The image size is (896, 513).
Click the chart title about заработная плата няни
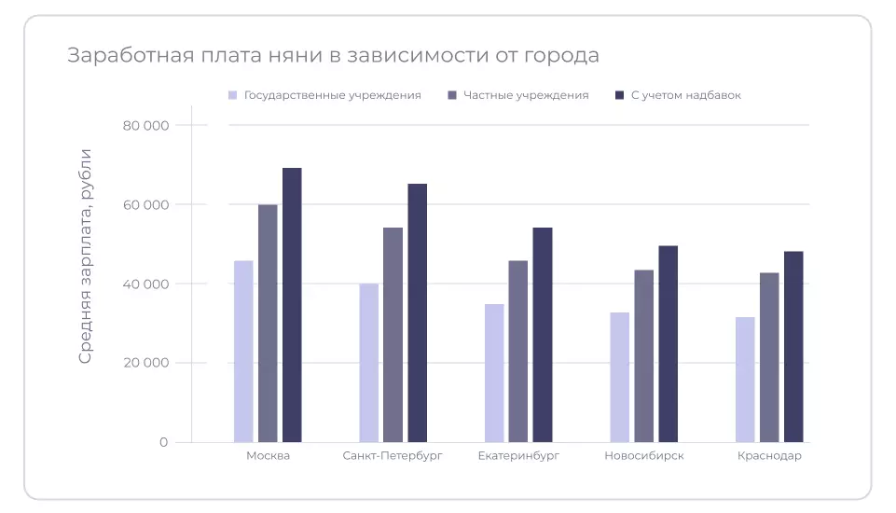tap(333, 55)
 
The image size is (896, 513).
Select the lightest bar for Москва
tap(243, 352)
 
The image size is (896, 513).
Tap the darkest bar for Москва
tap(292, 305)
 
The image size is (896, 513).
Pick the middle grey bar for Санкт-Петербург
tap(393, 335)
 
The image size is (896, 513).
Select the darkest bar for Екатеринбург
tap(543, 335)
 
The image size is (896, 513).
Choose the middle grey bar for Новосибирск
tap(643, 356)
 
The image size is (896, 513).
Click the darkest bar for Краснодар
tap(793, 347)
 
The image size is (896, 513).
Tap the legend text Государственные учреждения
tap(332, 95)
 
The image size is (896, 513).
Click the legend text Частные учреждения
tap(526, 95)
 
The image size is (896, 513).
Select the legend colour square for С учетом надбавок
tap(620, 95)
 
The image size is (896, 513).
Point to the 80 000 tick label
tap(145, 125)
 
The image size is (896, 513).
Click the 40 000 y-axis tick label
tap(145, 284)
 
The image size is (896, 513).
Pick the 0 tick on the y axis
tap(163, 442)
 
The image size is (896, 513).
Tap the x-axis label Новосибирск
tap(644, 456)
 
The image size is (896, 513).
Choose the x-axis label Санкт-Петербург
tap(393, 456)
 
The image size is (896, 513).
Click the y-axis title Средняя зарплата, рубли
tap(85, 256)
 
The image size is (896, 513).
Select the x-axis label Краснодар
tap(769, 456)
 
